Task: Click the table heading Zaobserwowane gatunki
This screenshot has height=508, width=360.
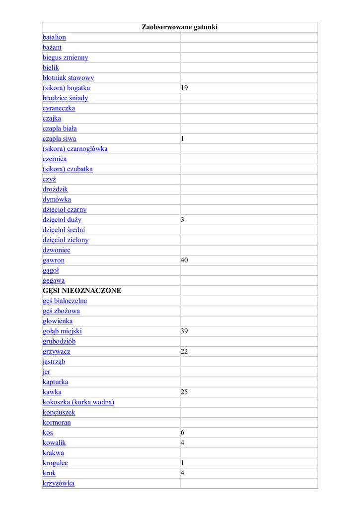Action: click(180, 27)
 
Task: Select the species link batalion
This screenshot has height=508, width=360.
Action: click(54, 37)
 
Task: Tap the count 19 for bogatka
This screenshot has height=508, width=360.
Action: click(184, 88)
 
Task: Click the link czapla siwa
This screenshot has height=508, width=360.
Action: click(60, 138)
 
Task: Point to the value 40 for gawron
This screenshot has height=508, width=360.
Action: click(184, 260)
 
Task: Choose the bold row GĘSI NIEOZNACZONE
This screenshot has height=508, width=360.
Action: click(82, 291)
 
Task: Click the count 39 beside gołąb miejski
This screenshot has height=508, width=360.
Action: click(184, 331)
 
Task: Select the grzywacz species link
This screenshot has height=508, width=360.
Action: click(57, 351)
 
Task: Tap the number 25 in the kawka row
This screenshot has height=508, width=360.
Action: click(184, 392)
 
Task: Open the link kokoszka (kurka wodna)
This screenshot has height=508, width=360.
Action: click(78, 402)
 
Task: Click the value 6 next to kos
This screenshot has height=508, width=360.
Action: click(183, 433)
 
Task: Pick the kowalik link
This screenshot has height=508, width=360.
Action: click(54, 443)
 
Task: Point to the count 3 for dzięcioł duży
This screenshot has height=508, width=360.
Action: click(183, 219)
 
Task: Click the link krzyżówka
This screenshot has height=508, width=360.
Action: click(59, 483)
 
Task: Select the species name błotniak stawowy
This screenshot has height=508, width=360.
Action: click(68, 78)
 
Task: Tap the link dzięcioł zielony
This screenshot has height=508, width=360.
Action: click(66, 240)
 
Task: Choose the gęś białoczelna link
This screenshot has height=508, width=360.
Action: click(65, 301)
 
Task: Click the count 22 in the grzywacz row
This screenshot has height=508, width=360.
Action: click(184, 351)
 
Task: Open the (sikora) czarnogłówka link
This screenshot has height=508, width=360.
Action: click(75, 149)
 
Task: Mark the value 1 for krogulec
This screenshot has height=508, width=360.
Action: click(183, 463)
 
